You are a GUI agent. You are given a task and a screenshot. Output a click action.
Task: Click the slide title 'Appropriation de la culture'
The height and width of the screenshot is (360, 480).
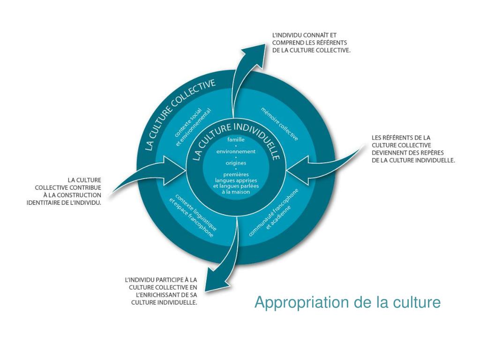(x=347, y=302)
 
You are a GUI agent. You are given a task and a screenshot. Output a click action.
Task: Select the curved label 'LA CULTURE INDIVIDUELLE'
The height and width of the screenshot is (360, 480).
(x=237, y=136)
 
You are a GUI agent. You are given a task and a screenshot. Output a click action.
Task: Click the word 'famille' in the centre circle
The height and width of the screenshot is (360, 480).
(x=236, y=140)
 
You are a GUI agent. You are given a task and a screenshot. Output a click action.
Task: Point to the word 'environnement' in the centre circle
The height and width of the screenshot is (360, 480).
(x=236, y=151)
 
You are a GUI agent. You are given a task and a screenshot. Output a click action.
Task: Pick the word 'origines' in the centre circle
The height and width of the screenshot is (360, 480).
(x=236, y=163)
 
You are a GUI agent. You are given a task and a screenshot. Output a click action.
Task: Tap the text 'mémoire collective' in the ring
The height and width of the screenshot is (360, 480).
(x=279, y=124)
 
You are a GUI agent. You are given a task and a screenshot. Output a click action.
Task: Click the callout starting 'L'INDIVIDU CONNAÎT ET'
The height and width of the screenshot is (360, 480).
(x=311, y=42)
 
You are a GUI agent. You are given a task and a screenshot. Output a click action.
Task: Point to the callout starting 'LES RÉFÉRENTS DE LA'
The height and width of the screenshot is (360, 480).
(x=413, y=149)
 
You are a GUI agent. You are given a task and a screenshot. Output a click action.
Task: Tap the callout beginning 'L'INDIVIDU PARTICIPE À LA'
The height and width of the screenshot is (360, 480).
(x=164, y=291)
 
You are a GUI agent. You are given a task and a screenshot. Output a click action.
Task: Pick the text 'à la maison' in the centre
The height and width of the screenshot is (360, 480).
(x=236, y=192)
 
